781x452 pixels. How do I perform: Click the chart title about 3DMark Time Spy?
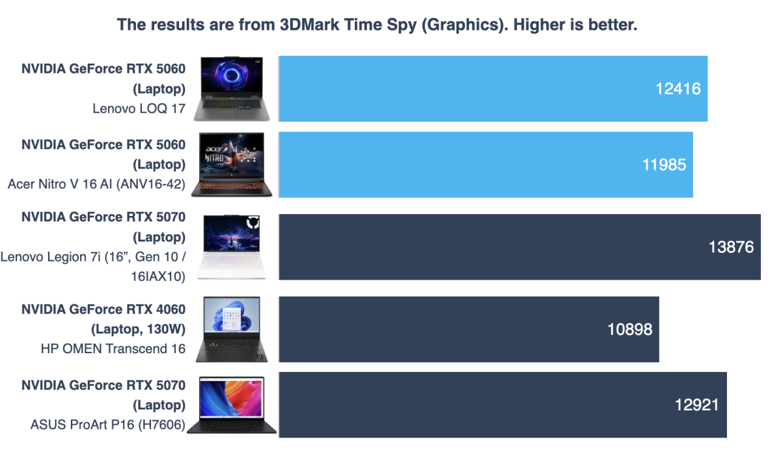click(377, 25)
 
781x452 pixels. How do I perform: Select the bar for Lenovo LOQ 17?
click(493, 88)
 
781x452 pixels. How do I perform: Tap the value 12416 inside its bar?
click(678, 89)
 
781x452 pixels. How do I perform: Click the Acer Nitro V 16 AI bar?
click(486, 165)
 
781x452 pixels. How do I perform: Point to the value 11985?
click(663, 165)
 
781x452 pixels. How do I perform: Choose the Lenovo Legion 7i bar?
click(519, 247)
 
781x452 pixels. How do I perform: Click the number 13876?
click(731, 247)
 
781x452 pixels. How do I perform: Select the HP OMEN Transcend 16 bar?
click(469, 329)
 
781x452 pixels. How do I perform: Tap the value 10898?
click(629, 329)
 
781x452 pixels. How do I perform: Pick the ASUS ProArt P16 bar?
click(502, 405)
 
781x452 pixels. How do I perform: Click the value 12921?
click(696, 405)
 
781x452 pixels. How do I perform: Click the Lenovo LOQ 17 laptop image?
click(235, 88)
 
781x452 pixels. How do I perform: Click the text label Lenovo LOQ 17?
click(139, 109)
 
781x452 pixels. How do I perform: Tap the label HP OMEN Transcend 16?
click(113, 349)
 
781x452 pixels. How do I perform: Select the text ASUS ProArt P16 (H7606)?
click(107, 425)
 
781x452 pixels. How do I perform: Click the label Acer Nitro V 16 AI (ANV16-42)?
click(96, 184)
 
